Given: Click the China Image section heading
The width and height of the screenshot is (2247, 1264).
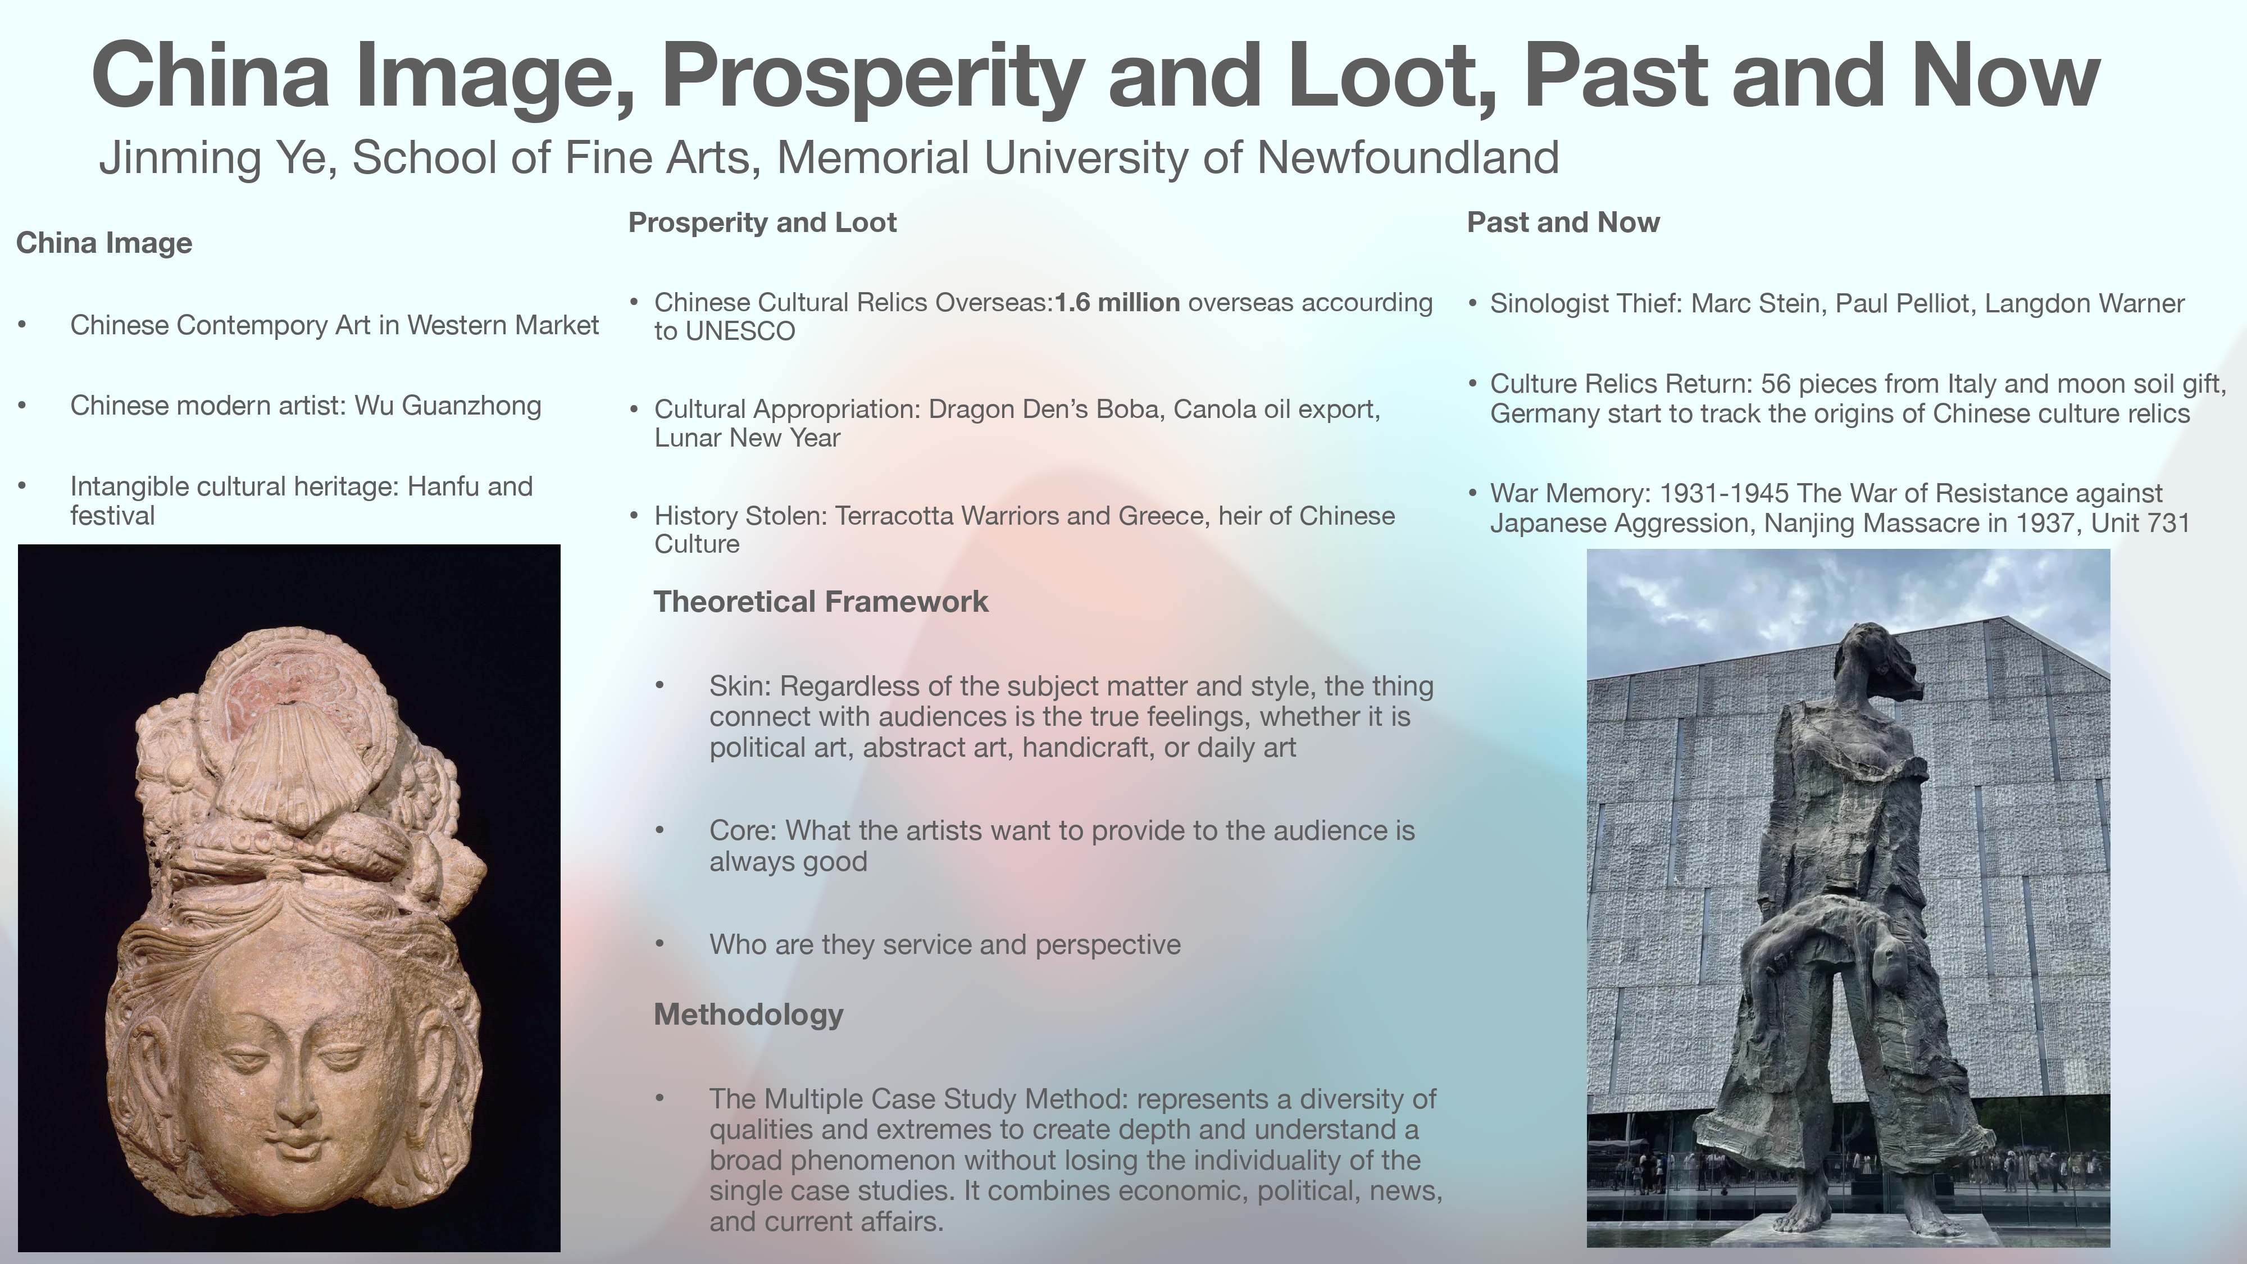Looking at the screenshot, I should point(104,243).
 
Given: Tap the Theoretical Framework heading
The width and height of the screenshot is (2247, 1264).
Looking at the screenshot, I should point(821,602).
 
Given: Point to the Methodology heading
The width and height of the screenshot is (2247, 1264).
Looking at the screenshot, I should point(748,1015).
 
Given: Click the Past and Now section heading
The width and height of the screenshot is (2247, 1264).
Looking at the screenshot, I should point(1563,222).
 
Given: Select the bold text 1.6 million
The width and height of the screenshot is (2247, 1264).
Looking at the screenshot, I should point(1117,303).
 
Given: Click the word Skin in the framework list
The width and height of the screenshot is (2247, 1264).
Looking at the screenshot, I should point(739,686).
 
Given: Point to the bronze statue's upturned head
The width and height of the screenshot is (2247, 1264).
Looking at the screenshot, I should point(1876,663).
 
